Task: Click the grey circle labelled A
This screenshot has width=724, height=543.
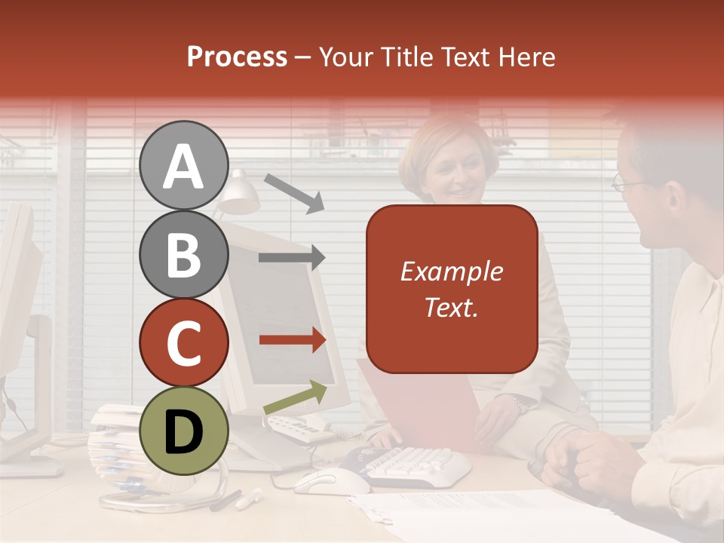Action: (x=183, y=165)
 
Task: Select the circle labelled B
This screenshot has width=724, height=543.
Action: (x=183, y=254)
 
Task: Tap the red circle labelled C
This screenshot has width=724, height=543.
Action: (x=183, y=342)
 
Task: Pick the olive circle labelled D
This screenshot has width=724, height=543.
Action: (x=183, y=431)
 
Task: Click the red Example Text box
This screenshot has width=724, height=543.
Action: (x=451, y=289)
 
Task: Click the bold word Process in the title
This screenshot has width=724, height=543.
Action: (x=237, y=57)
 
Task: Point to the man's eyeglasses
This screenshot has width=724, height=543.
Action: (x=627, y=183)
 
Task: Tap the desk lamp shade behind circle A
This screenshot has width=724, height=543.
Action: (x=240, y=195)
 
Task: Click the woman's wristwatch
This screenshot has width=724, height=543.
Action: (x=521, y=404)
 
